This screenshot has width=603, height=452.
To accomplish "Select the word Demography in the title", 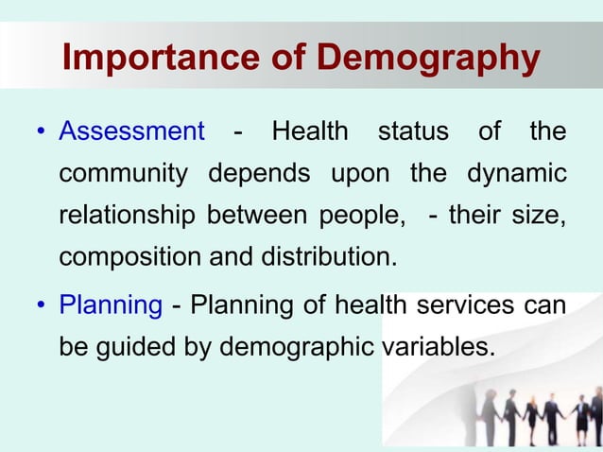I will [x=429, y=59].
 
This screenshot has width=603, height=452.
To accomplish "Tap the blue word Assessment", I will [x=131, y=130].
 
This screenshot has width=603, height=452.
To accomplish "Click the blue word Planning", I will [x=111, y=304].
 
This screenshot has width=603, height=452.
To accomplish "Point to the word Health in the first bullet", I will [x=309, y=130].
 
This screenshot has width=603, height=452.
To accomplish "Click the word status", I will [x=413, y=130].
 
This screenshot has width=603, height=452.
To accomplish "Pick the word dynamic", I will [x=516, y=175].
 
